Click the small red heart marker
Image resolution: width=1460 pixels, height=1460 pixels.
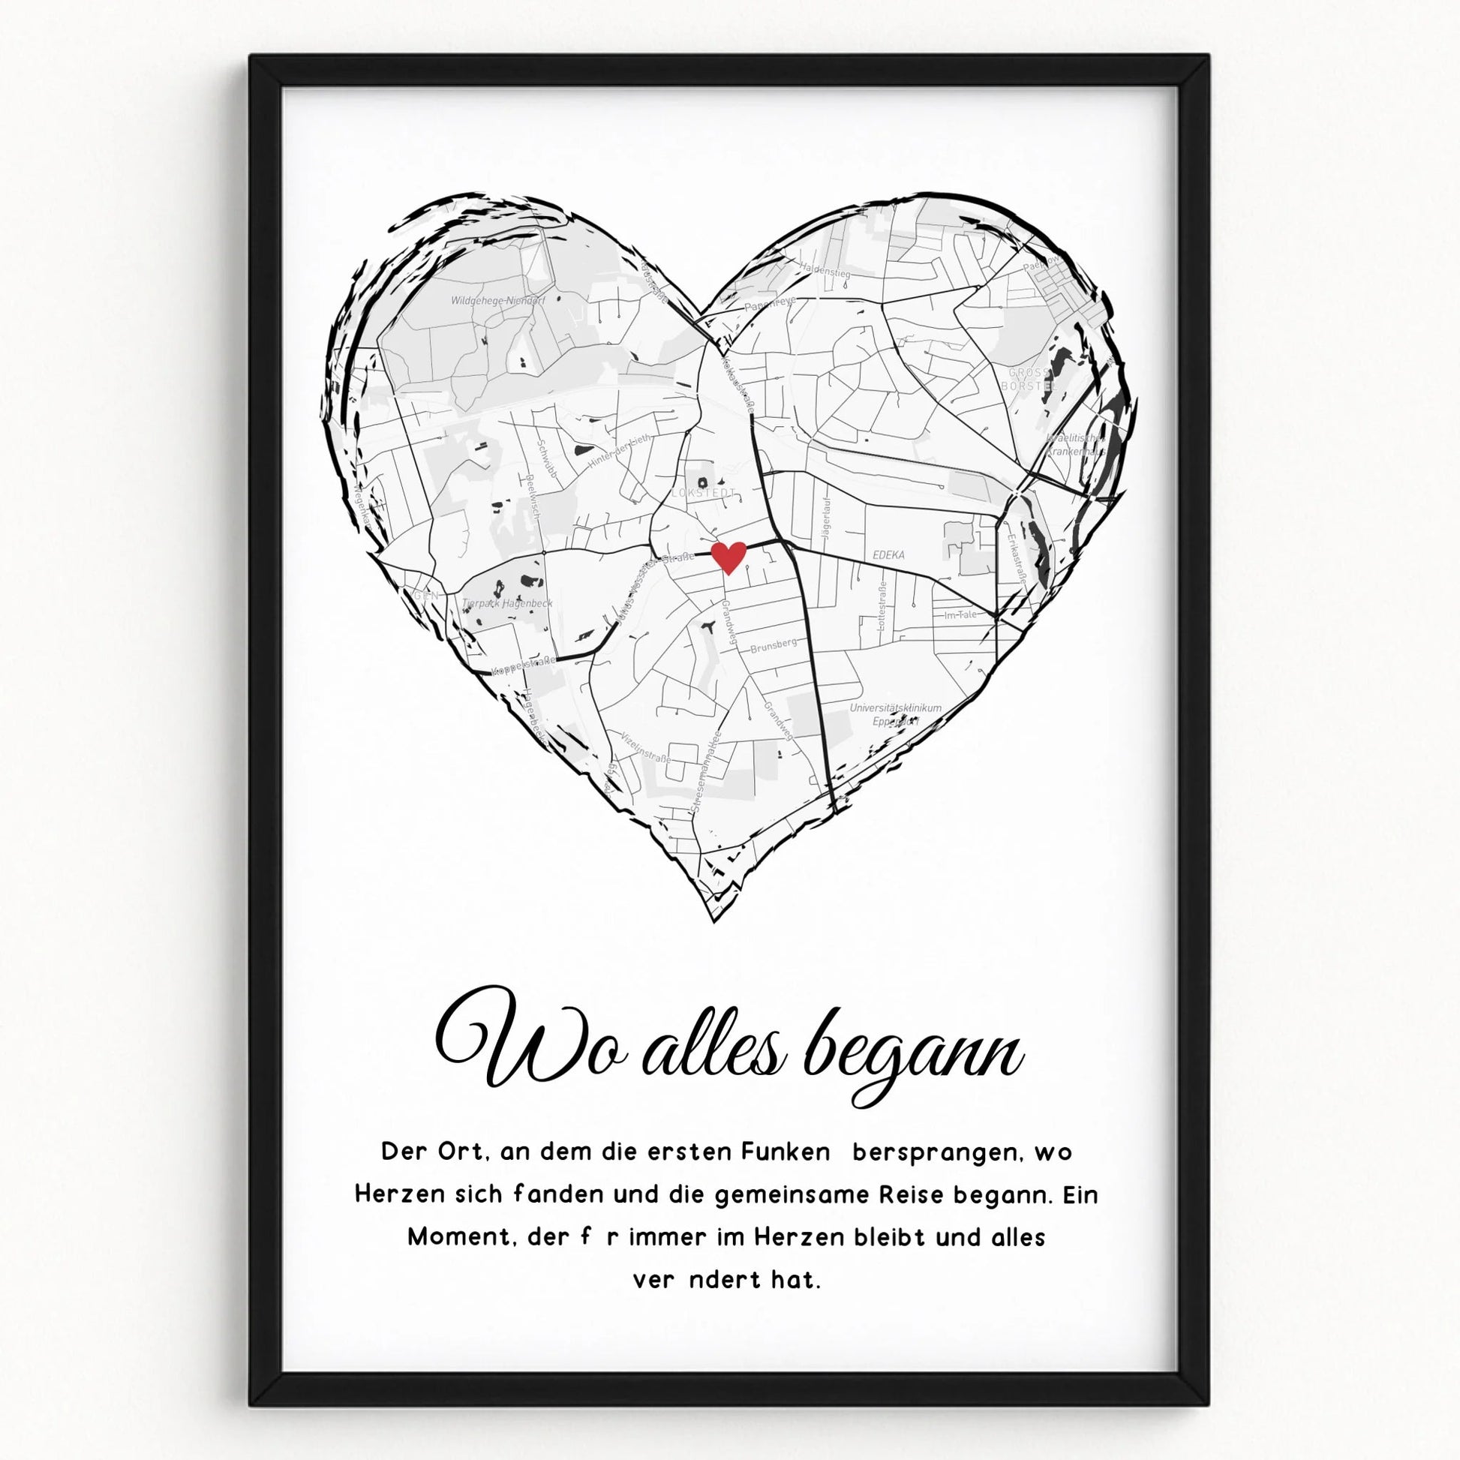[x=729, y=557]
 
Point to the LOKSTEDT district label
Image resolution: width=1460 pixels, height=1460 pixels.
[x=704, y=493]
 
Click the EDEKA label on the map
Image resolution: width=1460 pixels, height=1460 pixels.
[x=889, y=554]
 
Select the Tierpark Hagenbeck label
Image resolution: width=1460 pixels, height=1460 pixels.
[x=508, y=603]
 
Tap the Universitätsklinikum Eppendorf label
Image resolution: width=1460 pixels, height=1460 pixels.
[x=896, y=714]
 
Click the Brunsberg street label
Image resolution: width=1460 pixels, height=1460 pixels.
[x=773, y=644]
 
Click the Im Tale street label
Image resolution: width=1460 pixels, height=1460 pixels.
[x=960, y=614]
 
